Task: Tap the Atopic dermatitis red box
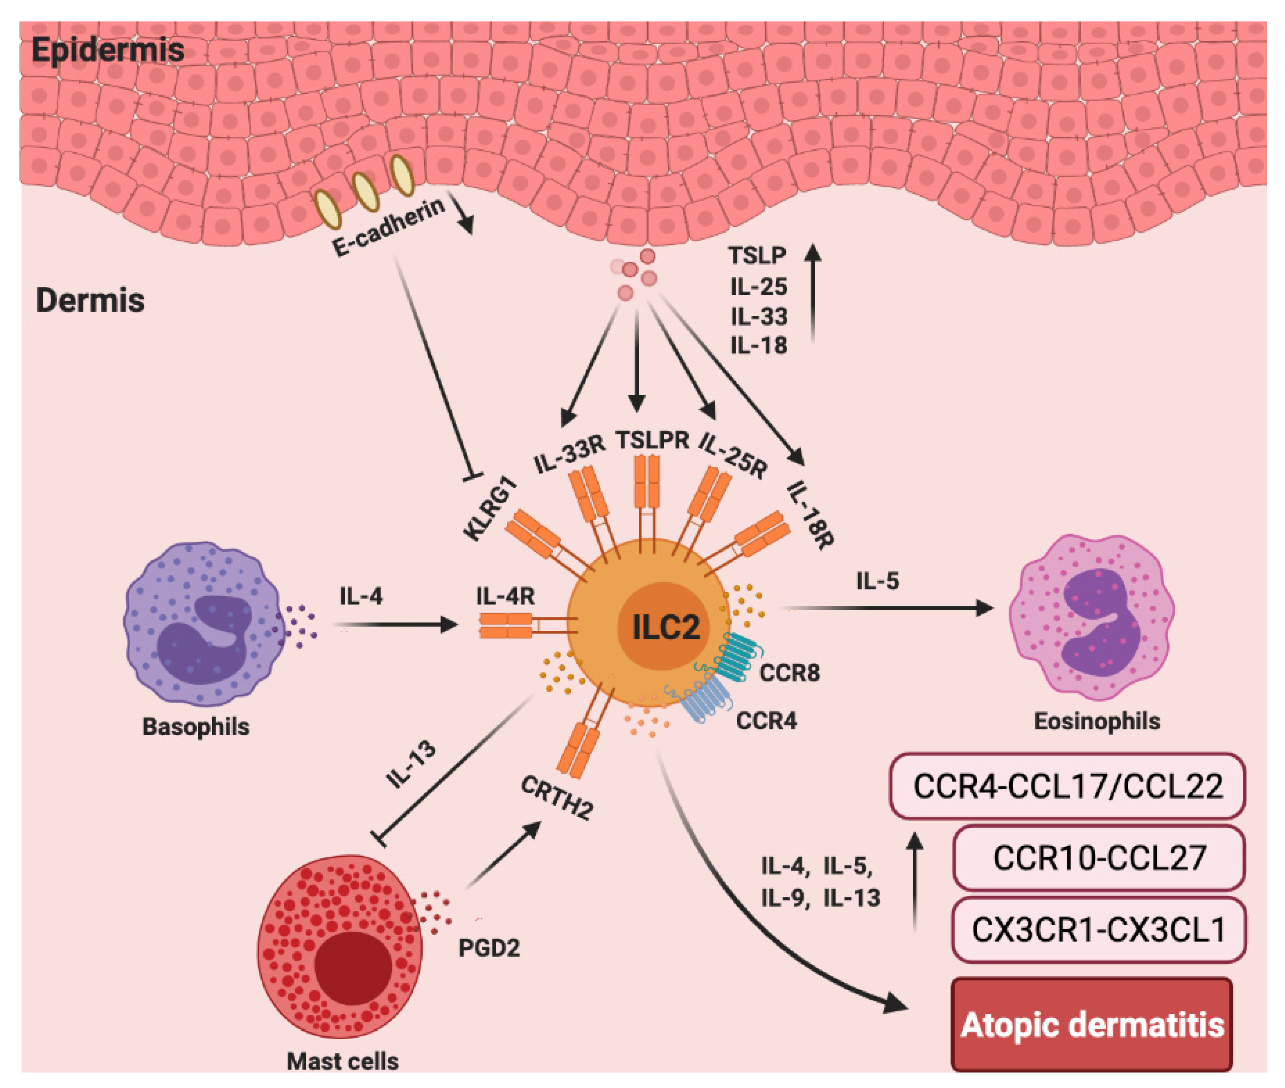tap(1092, 1024)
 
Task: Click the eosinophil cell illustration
tap(1092, 617)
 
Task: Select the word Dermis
tap(90, 300)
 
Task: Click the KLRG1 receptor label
tap(490, 511)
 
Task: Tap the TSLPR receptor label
tap(652, 440)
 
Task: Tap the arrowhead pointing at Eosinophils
tap(984, 608)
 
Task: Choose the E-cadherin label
tap(388, 227)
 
